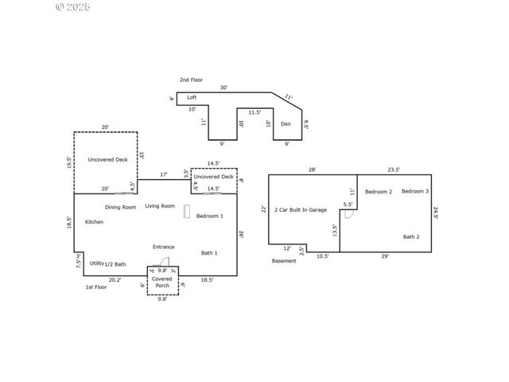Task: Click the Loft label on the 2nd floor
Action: pyautogui.click(x=192, y=97)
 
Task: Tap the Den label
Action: pyautogui.click(x=286, y=123)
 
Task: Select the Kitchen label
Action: pyautogui.click(x=95, y=221)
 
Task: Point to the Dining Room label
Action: pyautogui.click(x=120, y=207)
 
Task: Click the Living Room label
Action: pyautogui.click(x=160, y=206)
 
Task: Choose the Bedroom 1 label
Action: pyautogui.click(x=210, y=216)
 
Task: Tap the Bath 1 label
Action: pyautogui.click(x=209, y=252)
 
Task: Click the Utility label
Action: pyautogui.click(x=96, y=263)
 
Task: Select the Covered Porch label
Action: pyautogui.click(x=162, y=282)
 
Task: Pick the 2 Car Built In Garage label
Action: pyautogui.click(x=301, y=209)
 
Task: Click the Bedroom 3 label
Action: pyautogui.click(x=415, y=191)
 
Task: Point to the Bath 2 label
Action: pyautogui.click(x=410, y=236)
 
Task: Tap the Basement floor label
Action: pyautogui.click(x=284, y=260)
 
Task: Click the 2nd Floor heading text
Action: pyautogui.click(x=191, y=80)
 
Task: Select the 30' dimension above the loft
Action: pyautogui.click(x=223, y=88)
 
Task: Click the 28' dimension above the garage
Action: pyautogui.click(x=312, y=170)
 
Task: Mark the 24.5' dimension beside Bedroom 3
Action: pyautogui.click(x=436, y=212)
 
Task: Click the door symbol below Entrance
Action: pyautogui.click(x=163, y=262)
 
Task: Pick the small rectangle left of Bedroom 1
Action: pyautogui.click(x=187, y=212)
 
